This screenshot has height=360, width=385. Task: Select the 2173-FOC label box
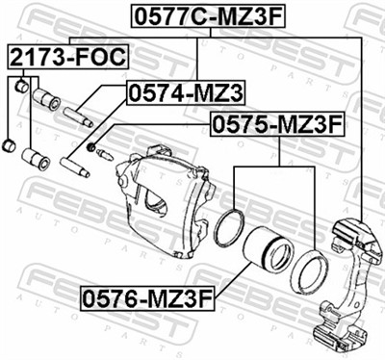67,57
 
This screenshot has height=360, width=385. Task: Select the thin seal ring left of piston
231,227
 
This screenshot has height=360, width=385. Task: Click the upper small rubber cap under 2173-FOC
21,88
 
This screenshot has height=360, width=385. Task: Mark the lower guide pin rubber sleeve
38,157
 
